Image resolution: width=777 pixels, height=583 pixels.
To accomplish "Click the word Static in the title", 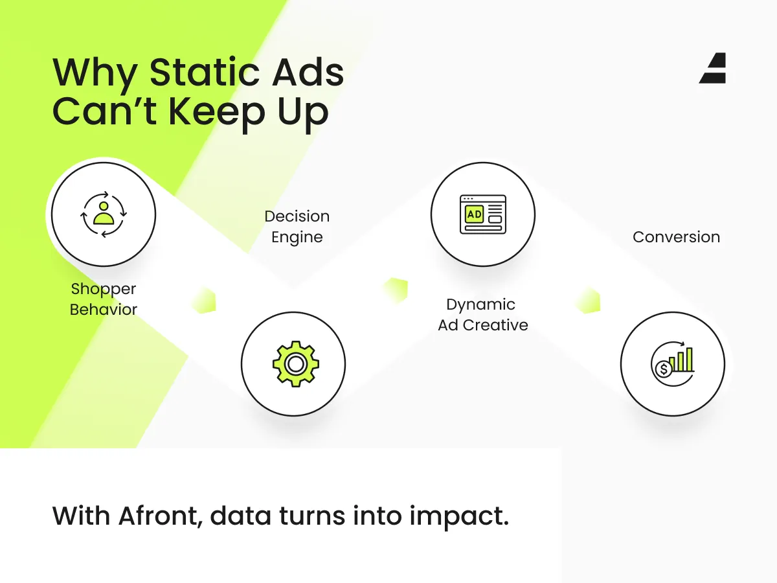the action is tap(204, 72).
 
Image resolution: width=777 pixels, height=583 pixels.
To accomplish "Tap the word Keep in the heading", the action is tap(216, 112).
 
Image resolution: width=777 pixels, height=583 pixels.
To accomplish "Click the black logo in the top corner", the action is tap(713, 68).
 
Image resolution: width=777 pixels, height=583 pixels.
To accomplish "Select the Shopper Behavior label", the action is tap(104, 299).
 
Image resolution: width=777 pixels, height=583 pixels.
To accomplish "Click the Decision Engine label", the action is tap(297, 227).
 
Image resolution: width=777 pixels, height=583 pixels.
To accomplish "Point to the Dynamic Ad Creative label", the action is tap(483, 315).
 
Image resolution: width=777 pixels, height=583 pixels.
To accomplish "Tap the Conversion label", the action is tap(677, 237).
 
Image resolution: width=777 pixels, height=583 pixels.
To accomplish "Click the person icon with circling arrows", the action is tap(104, 214).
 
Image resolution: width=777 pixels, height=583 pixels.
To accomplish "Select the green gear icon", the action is tap(295, 364).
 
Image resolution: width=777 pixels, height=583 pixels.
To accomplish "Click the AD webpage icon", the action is tap(483, 214).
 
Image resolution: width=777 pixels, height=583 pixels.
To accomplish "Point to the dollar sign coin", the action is tap(664, 369).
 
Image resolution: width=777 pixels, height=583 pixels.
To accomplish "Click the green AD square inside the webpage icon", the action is tap(475, 214).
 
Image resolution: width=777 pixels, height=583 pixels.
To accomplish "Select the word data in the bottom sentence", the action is tap(240, 516).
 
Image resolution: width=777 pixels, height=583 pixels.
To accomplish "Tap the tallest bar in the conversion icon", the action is tap(689, 360).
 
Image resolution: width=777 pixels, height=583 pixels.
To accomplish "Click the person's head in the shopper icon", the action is tap(104, 206).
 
